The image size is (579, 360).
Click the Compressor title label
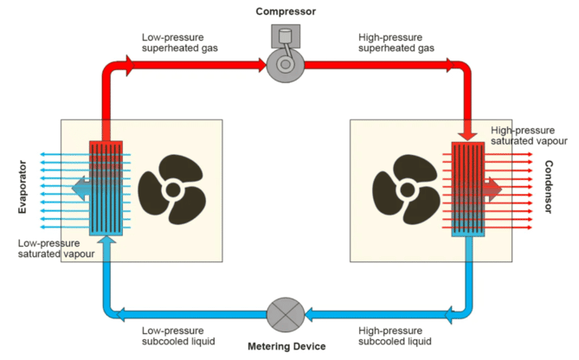point(285,11)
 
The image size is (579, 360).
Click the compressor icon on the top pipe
point(285,59)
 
